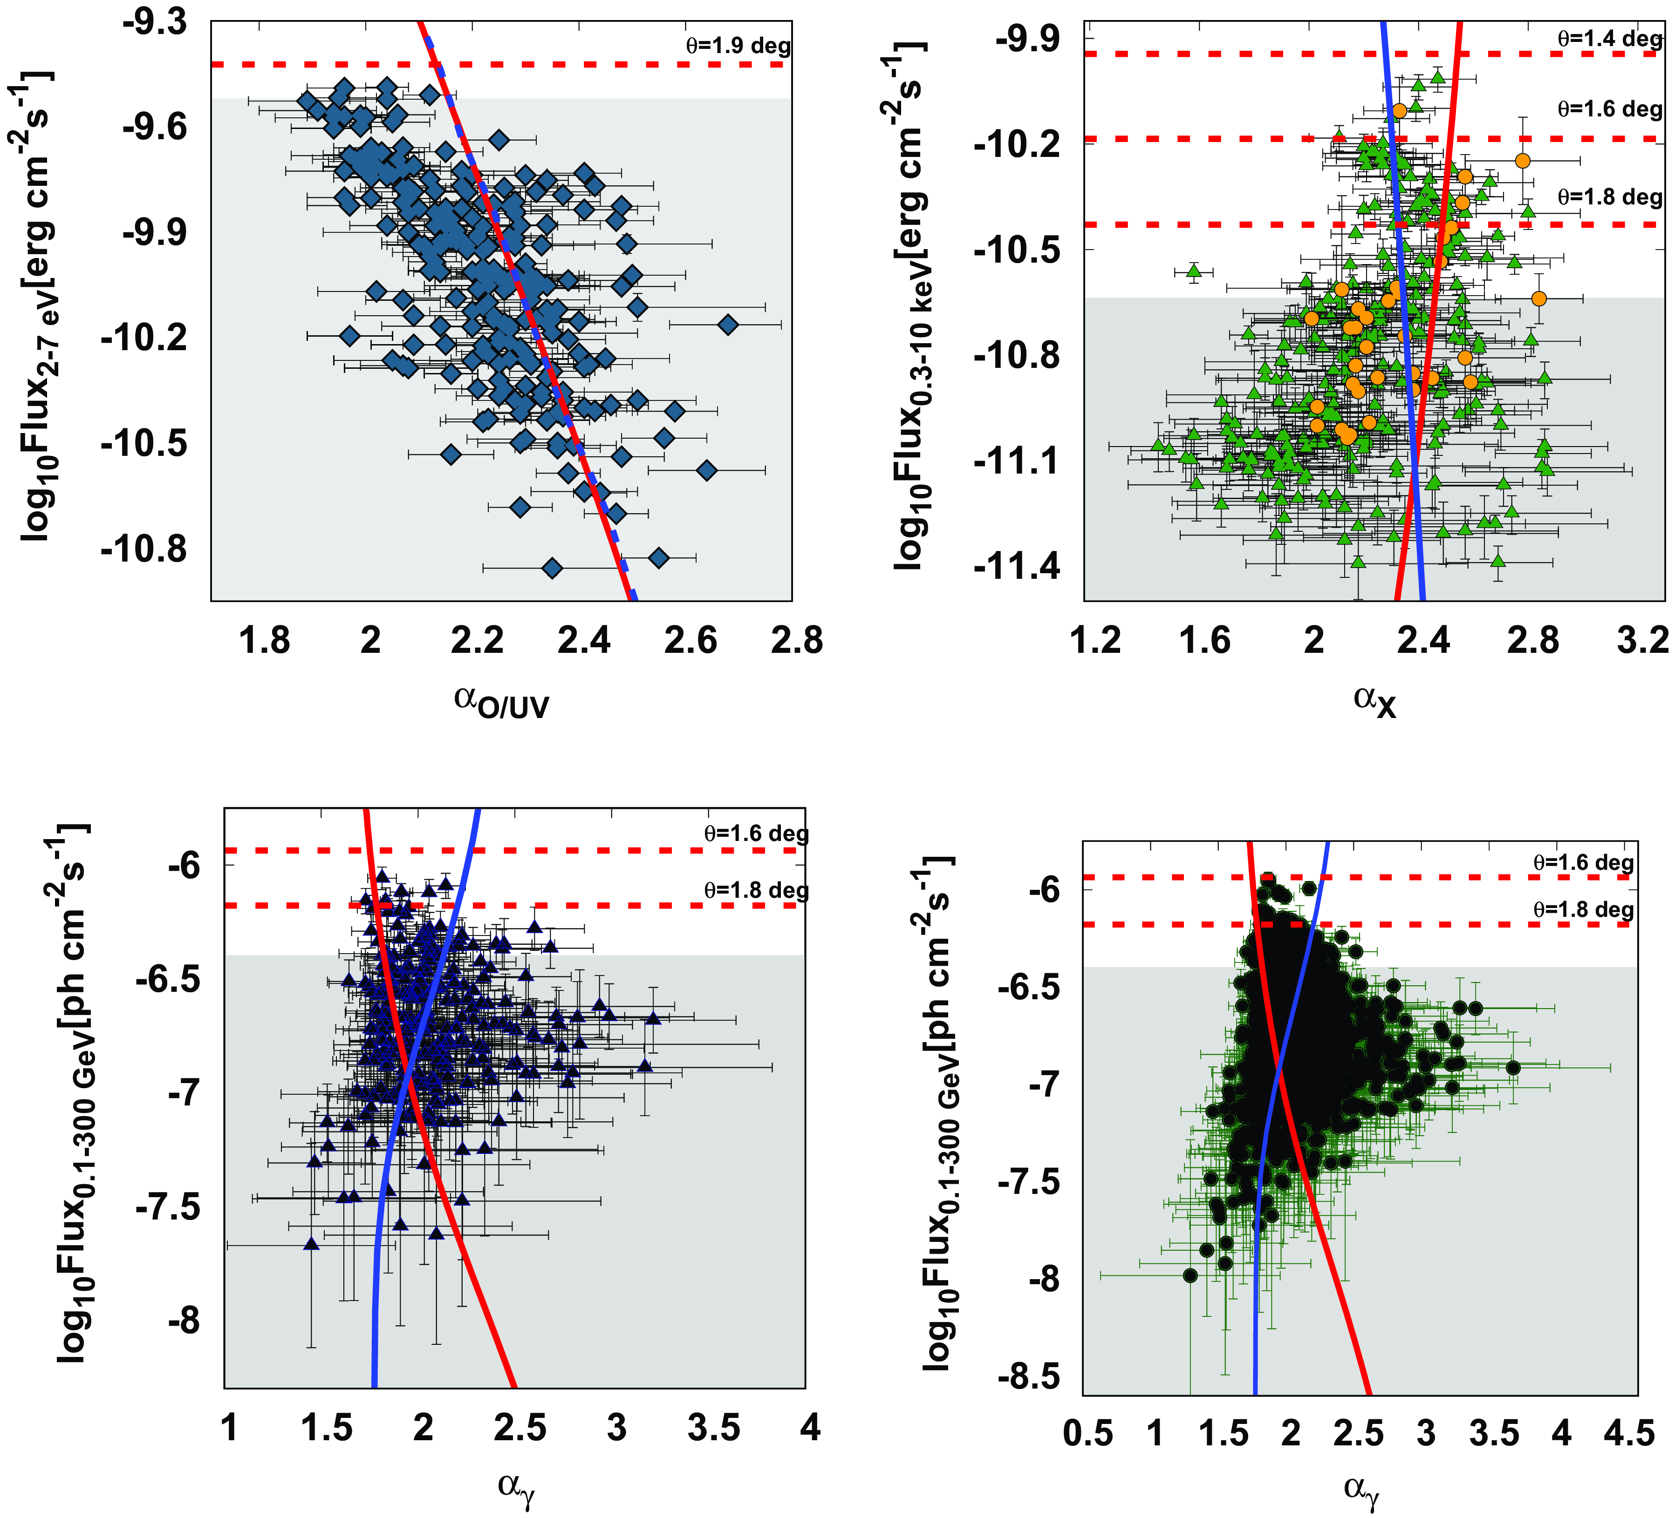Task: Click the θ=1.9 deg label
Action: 738,46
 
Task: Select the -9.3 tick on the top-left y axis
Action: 155,22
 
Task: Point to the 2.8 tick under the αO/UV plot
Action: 796,640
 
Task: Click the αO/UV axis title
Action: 501,702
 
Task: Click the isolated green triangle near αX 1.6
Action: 1194,271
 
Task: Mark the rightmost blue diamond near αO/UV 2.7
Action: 728,325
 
